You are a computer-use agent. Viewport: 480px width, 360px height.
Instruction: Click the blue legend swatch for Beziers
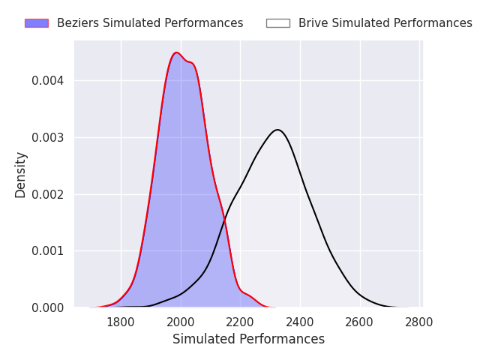pyautogui.click(x=37, y=23)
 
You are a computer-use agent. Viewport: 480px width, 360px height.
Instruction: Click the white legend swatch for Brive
pyautogui.click(x=278, y=23)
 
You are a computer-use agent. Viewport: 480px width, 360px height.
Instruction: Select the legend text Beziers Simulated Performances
pyautogui.click(x=150, y=23)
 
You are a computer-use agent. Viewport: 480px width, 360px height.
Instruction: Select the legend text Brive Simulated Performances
pyautogui.click(x=385, y=23)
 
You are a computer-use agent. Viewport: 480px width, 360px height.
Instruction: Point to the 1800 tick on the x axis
pyautogui.click(x=121, y=322)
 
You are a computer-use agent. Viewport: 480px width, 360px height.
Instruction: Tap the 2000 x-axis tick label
pyautogui.click(x=181, y=322)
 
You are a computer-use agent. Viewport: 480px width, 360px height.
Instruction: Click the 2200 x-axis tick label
pyautogui.click(x=240, y=322)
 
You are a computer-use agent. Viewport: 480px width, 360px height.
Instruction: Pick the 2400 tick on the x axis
pyautogui.click(x=300, y=322)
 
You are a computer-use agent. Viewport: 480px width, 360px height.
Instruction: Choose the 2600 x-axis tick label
pyautogui.click(x=359, y=322)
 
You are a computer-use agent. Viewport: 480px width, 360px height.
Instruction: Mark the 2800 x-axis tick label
pyautogui.click(x=418, y=322)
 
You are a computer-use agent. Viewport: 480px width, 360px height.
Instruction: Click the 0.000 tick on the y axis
pyautogui.click(x=48, y=307)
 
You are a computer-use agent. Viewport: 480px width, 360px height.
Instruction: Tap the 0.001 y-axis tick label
pyautogui.click(x=48, y=251)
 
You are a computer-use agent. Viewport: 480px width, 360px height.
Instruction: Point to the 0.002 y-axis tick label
pyautogui.click(x=48, y=194)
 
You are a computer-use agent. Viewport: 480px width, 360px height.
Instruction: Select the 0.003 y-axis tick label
pyautogui.click(x=48, y=138)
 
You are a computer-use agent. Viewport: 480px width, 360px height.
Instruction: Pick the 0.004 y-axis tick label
pyautogui.click(x=48, y=81)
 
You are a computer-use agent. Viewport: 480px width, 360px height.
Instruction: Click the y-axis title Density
pyautogui.click(x=20, y=175)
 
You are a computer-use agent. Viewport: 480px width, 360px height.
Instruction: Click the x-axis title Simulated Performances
pyautogui.click(x=248, y=339)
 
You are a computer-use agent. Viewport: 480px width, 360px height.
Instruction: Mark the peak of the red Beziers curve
pyautogui.click(x=176, y=52)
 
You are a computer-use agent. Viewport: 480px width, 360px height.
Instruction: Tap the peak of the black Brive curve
pyautogui.click(x=277, y=130)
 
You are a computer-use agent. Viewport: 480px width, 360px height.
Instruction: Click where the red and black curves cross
pyautogui.click(x=225, y=219)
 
